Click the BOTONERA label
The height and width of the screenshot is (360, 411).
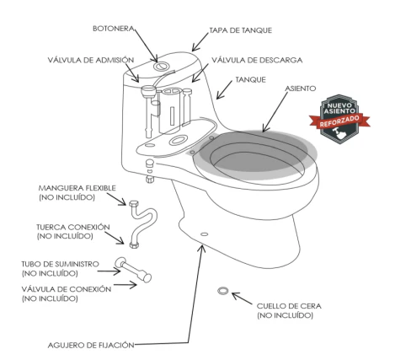[x=114, y=29]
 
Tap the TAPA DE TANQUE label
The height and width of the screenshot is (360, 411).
[x=241, y=30]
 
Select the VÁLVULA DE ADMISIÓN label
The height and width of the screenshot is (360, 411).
[x=91, y=60]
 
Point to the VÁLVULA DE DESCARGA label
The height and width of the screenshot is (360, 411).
[x=257, y=60]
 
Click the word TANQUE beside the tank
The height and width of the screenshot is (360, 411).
[x=250, y=80]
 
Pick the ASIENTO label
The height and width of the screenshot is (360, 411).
[x=301, y=89]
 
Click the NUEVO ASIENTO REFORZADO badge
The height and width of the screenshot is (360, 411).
[x=339, y=119]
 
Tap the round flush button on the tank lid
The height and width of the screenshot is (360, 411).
[x=161, y=67]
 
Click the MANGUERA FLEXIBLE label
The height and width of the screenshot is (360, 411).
[x=77, y=192]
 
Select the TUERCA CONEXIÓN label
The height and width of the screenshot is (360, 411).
[x=73, y=231]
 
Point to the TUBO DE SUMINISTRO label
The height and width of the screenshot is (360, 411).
[x=60, y=268]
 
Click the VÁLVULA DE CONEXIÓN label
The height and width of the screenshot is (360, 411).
[x=67, y=293]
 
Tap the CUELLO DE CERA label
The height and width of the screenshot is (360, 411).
[x=289, y=310]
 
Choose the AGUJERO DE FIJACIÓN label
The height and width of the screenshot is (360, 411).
[x=91, y=345]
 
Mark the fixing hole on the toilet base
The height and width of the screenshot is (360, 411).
[x=205, y=234]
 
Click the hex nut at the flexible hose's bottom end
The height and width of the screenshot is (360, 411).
[x=134, y=244]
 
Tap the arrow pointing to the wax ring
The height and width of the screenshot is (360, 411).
[x=242, y=298]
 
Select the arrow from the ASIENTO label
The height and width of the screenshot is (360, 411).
[x=275, y=112]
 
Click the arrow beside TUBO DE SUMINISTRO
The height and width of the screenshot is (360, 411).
[x=109, y=271]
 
